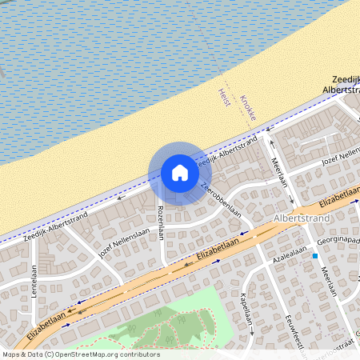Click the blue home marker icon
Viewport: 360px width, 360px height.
180,173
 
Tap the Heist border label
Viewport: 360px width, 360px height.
223,98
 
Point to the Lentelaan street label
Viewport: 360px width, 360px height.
34,282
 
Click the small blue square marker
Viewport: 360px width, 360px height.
316,256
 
